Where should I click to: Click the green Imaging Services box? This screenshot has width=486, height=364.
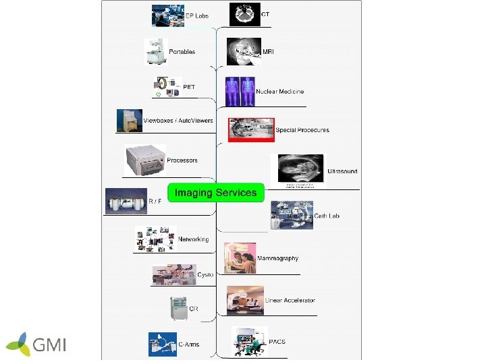tap(215, 193)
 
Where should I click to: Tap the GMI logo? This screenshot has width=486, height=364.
tap(36, 344)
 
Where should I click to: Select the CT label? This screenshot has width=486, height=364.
tap(266, 14)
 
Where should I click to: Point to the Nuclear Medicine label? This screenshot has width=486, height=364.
tap(279, 92)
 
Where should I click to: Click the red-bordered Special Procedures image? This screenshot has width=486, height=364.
tap(251, 129)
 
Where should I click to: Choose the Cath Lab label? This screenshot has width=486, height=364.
tap(327, 216)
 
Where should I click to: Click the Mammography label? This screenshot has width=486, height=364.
tap(277, 259)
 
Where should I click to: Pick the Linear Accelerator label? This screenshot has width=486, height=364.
tap(290, 301)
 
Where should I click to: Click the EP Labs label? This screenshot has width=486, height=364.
tap(197, 16)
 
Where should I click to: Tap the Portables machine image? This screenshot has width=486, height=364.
tap(156, 51)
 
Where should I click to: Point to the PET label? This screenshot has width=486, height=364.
tap(190, 87)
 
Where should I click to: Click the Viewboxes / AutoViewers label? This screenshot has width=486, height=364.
tap(178, 121)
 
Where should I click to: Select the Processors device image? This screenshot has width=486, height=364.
tap(146, 159)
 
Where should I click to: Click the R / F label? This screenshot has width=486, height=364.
tap(155, 201)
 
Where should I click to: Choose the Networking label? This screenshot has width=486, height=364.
tap(193, 239)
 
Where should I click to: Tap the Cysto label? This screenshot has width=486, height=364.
tap(205, 275)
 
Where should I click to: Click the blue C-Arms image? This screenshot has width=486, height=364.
tap(162, 344)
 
